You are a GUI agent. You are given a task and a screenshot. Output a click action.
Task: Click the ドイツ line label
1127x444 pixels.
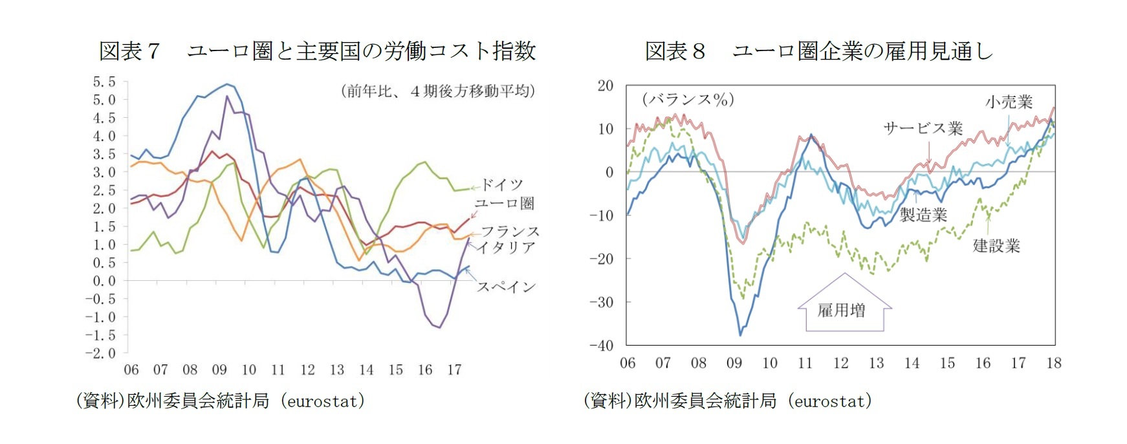(x=501, y=185)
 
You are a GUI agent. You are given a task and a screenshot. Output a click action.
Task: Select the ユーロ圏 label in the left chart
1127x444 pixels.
(x=504, y=203)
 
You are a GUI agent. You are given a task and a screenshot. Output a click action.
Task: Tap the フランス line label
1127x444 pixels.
(x=510, y=231)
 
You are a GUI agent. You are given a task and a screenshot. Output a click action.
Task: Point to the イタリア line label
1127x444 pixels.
(x=507, y=247)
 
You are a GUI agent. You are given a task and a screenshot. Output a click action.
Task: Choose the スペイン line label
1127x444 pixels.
(x=506, y=287)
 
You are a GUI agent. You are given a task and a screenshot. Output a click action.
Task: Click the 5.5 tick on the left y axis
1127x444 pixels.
(x=104, y=82)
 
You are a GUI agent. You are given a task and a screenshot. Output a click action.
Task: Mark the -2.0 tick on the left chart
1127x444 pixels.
(x=101, y=353)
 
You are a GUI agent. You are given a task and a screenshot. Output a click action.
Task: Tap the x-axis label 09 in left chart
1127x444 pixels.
(x=219, y=370)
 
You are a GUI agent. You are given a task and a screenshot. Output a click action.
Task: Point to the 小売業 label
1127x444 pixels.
(x=1009, y=102)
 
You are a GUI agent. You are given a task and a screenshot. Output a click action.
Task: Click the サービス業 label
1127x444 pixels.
(x=923, y=128)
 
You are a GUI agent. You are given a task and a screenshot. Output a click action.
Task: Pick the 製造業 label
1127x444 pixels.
(x=923, y=215)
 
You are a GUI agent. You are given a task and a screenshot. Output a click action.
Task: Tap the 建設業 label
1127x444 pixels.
(x=996, y=246)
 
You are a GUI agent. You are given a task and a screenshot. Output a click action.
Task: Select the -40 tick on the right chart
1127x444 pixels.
(x=601, y=346)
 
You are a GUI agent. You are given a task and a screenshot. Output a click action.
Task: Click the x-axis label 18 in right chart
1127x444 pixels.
(x=1054, y=363)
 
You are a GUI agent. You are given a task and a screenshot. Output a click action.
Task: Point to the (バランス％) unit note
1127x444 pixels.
(x=688, y=100)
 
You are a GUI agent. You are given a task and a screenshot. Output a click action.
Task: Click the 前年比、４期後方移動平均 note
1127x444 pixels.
(x=438, y=91)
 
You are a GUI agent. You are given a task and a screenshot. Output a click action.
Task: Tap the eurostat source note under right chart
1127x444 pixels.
(x=727, y=401)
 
